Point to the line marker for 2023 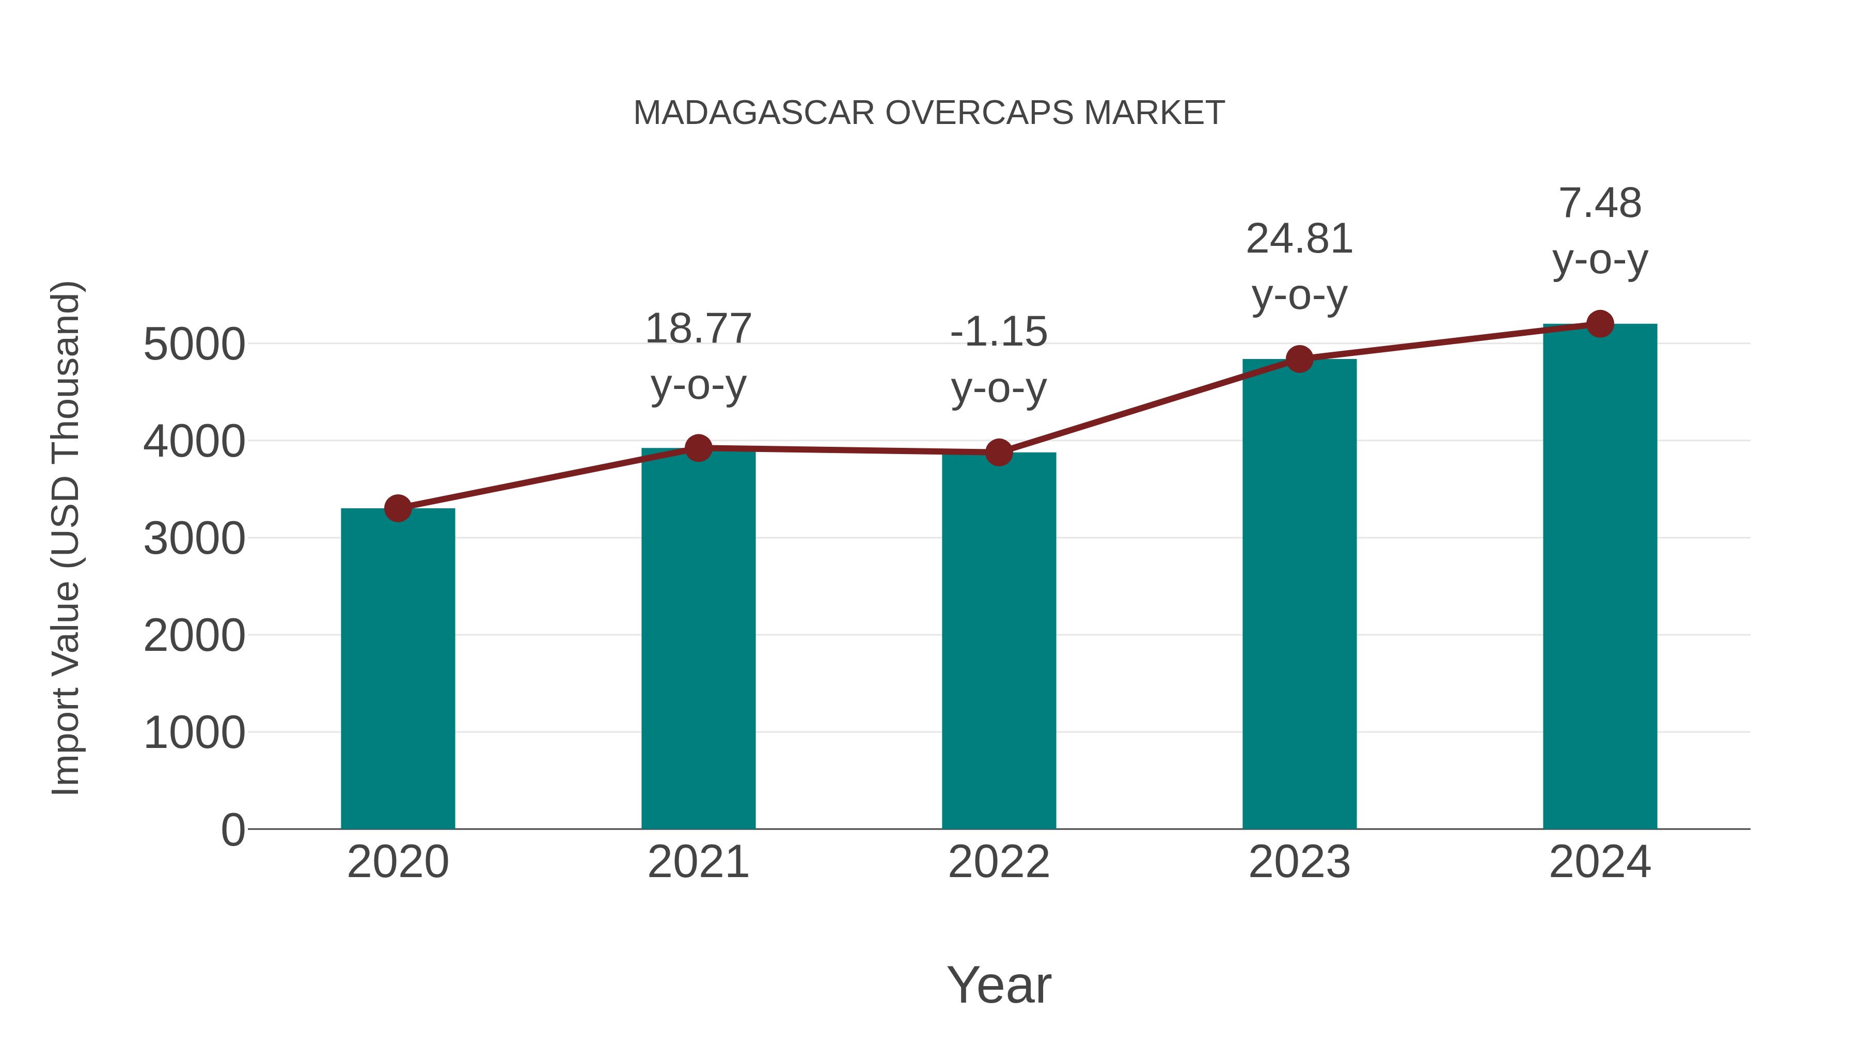point(1299,359)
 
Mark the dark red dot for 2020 point(398,508)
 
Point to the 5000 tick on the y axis point(194,345)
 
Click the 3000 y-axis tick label point(194,539)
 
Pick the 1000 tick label point(194,732)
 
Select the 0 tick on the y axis point(232,830)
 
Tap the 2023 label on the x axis point(1299,862)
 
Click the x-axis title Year point(999,985)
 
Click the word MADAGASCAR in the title point(754,113)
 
